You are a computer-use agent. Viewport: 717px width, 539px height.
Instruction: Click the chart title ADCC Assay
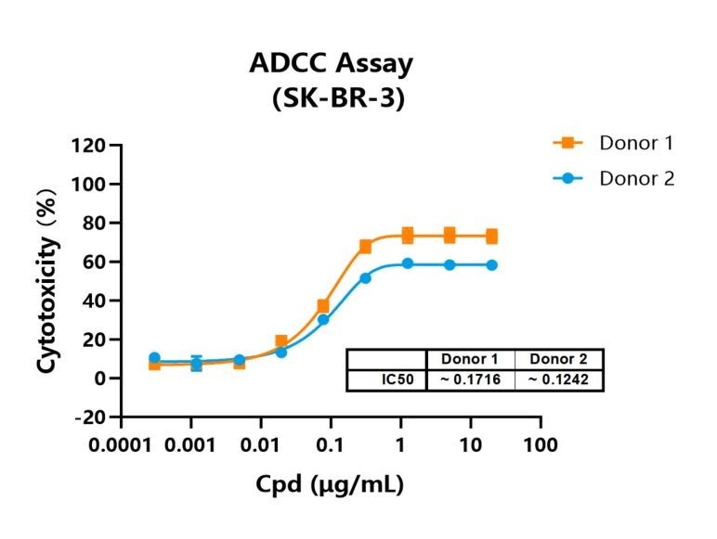pyautogui.click(x=331, y=64)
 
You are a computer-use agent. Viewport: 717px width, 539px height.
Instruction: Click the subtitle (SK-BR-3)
pyautogui.click(x=338, y=97)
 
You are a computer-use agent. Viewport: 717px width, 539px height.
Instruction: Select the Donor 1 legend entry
pyautogui.click(x=613, y=143)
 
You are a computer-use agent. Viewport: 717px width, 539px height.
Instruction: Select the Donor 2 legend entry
pyautogui.click(x=613, y=178)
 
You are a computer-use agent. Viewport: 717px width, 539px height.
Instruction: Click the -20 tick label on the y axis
pyautogui.click(x=90, y=417)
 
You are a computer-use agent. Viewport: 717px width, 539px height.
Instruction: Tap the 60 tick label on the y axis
pyautogui.click(x=94, y=263)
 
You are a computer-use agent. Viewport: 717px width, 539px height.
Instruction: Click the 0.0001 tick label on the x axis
pyautogui.click(x=120, y=444)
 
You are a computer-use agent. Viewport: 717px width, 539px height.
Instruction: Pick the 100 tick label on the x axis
pyautogui.click(x=541, y=444)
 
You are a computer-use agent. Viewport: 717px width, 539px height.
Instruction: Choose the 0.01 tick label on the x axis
pyautogui.click(x=260, y=444)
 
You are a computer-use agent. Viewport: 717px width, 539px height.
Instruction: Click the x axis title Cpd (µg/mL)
pyautogui.click(x=330, y=484)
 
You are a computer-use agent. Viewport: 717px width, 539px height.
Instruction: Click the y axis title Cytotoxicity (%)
pyautogui.click(x=48, y=280)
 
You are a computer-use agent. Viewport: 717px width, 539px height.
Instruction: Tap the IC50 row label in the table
pyautogui.click(x=398, y=379)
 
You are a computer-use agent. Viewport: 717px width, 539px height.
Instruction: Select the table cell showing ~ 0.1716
pyautogui.click(x=471, y=379)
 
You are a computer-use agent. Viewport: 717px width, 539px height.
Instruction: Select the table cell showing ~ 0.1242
pyautogui.click(x=558, y=379)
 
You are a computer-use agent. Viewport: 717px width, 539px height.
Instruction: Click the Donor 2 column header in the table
pyautogui.click(x=558, y=359)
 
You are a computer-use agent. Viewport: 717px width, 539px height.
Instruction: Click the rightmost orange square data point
pyautogui.click(x=491, y=237)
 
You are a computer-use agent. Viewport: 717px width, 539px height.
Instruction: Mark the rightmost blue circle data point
pyautogui.click(x=491, y=265)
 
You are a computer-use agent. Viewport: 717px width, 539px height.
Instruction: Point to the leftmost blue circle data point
pyautogui.click(x=154, y=358)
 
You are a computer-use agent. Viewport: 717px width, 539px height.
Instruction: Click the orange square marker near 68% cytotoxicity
pyautogui.click(x=365, y=247)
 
